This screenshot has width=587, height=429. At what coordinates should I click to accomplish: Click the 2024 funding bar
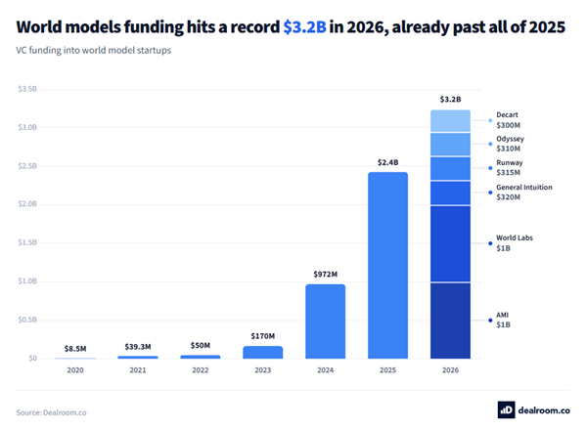coord(326,322)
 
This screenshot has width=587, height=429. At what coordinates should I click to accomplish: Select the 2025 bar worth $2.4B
coord(387,265)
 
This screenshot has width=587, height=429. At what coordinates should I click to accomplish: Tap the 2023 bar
coord(263,353)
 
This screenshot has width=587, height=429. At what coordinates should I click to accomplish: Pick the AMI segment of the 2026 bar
coord(450,321)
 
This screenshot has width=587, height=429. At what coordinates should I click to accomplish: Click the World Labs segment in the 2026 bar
coord(450,243)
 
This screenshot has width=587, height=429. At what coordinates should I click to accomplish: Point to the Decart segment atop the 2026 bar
coord(450,121)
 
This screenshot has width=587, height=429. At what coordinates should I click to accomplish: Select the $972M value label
coord(326,275)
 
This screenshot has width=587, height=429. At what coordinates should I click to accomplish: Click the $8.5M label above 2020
coord(75,349)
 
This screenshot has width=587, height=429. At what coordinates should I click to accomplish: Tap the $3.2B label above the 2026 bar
coord(450,99)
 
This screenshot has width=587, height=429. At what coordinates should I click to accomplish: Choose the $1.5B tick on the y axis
coord(27,242)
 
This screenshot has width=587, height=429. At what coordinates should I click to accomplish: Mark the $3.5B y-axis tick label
coord(27,89)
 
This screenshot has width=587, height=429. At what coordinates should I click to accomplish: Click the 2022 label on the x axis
coord(201,370)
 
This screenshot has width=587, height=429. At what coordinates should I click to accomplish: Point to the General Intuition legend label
coord(524,187)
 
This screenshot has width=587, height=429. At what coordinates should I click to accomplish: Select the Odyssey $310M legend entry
coord(510,144)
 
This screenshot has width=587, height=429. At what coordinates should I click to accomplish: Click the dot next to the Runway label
coord(490,168)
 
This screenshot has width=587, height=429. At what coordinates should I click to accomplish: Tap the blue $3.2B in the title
coord(304,27)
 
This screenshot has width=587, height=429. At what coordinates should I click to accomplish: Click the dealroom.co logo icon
coord(506,409)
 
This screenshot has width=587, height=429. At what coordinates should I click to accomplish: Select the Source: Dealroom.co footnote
coord(51,412)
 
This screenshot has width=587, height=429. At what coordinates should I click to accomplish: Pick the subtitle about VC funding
coord(94,50)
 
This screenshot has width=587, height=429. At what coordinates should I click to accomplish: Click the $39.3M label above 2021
coord(138,347)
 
